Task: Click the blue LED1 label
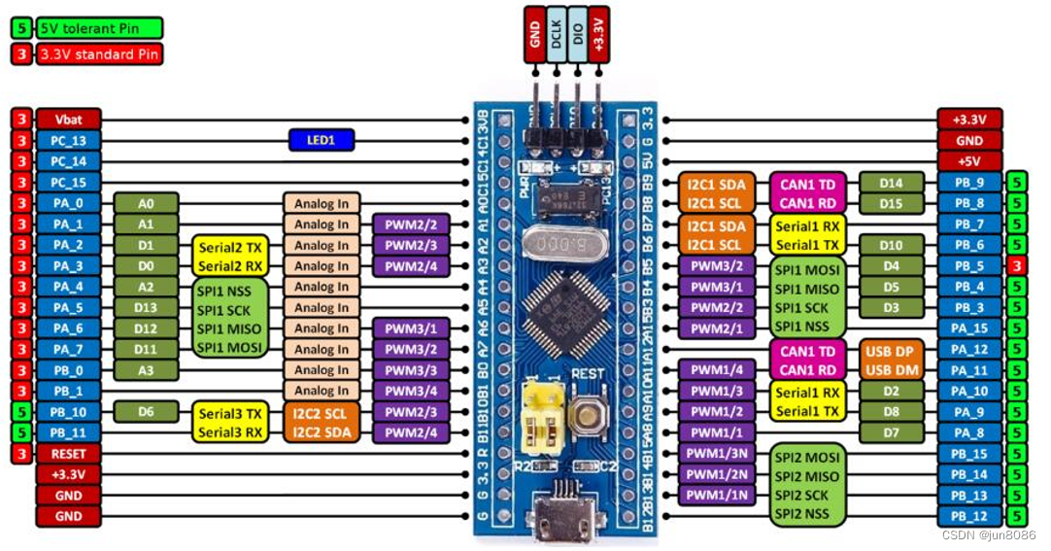(x=322, y=140)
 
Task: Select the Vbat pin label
(x=68, y=120)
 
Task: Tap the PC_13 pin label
(x=68, y=141)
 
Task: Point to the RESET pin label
(x=68, y=454)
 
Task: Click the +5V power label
(x=969, y=161)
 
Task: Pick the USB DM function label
(x=891, y=369)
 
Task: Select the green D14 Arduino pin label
(x=891, y=183)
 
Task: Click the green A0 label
(x=146, y=203)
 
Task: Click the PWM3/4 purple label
(x=411, y=391)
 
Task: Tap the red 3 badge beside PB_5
(x=1016, y=265)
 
